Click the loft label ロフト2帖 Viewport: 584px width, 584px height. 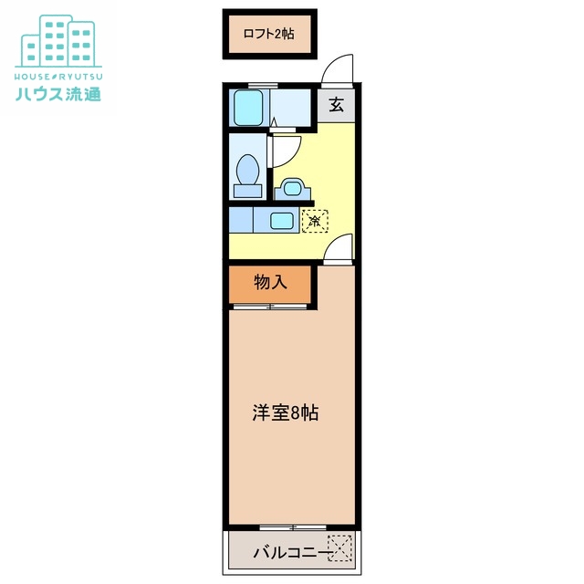click(x=268, y=34)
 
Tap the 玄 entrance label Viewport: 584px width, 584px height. click(x=336, y=105)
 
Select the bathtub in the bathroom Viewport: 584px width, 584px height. click(x=248, y=109)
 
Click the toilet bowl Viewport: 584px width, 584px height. click(x=247, y=170)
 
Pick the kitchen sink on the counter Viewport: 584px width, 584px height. click(x=282, y=220)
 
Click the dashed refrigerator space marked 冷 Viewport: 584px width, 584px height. click(x=315, y=220)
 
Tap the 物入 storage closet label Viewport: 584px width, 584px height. click(x=270, y=283)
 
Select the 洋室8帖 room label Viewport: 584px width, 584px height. click(x=286, y=412)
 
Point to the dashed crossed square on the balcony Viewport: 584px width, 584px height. click(x=340, y=548)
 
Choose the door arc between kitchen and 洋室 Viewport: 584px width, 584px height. click(x=339, y=247)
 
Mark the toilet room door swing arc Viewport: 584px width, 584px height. click(x=284, y=148)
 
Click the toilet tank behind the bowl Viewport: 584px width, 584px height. click(x=246, y=191)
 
